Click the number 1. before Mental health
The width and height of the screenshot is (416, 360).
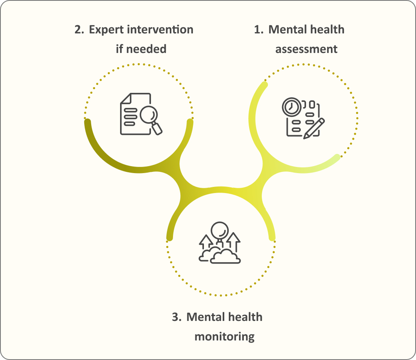pyautogui.click(x=258, y=29)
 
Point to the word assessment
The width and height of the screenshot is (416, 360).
pyautogui.click(x=307, y=49)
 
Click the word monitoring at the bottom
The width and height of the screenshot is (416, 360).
pyautogui.click(x=224, y=337)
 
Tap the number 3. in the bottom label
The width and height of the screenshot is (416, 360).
pyautogui.click(x=177, y=317)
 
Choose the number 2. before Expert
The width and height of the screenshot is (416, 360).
pyautogui.click(x=79, y=29)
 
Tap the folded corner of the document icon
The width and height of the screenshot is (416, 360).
pyautogui.click(x=126, y=98)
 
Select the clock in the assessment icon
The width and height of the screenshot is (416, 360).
pyautogui.click(x=291, y=107)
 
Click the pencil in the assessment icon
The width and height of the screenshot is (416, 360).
pyautogui.click(x=314, y=129)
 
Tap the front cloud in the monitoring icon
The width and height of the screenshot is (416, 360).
pyautogui.click(x=225, y=257)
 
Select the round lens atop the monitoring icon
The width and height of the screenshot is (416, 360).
pyautogui.click(x=220, y=230)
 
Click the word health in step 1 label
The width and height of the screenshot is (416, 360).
pyautogui.click(x=327, y=29)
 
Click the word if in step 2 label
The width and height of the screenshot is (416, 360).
pyautogui.click(x=120, y=49)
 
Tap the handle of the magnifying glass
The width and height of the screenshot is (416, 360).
pyautogui.click(x=157, y=129)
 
